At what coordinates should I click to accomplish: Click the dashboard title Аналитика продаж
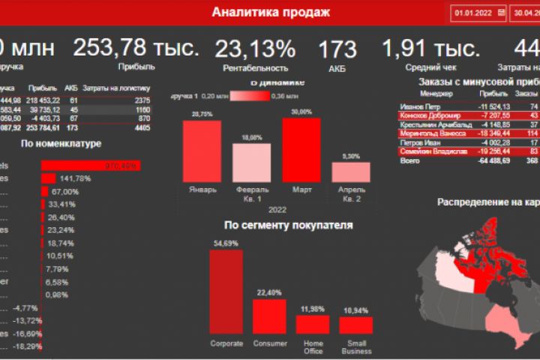pos(270,12)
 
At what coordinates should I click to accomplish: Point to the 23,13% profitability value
pos(255,49)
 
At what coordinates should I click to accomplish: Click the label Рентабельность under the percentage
pos(255,67)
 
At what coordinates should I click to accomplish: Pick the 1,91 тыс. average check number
pos(430,49)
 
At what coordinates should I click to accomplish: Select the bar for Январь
pos(202,150)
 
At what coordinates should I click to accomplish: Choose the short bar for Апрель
pos(350,172)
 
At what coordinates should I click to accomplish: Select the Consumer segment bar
pos(270,316)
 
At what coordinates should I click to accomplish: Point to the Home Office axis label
pos(313,347)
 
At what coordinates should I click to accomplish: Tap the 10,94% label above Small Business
pos(357,310)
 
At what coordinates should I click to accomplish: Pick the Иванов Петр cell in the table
pos(418,106)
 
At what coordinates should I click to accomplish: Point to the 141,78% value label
pos(75,178)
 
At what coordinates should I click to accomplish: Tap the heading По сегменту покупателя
pos(288,224)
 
